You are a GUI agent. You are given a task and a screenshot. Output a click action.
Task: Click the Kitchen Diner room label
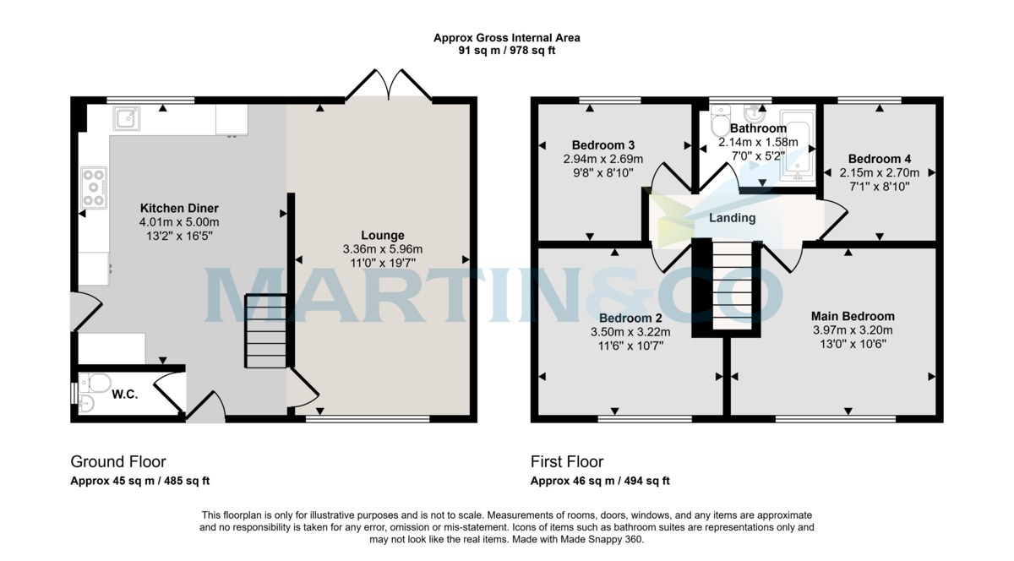coord(179,208)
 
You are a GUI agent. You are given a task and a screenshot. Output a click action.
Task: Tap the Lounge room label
coord(382,235)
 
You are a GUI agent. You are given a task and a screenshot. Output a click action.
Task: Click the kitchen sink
coord(127,119)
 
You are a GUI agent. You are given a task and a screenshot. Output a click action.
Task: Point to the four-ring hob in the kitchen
coord(93,188)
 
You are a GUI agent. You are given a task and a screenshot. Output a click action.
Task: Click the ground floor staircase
coord(265,330)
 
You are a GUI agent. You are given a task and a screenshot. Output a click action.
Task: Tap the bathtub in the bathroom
coord(797,145)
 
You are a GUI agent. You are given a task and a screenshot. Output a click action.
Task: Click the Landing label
coord(732,218)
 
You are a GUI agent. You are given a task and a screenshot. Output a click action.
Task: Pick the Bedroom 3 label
coord(603,144)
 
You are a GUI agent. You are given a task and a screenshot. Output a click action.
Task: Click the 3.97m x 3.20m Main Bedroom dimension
coord(852,330)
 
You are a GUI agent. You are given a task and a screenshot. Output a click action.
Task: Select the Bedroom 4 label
coord(880,159)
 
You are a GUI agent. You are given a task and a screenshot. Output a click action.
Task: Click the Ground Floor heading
coord(117,462)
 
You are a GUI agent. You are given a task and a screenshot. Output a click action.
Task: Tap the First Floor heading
coord(566,462)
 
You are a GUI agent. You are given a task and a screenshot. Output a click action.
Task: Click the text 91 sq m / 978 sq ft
coord(507,51)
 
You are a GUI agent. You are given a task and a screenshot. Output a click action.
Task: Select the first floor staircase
coord(730,285)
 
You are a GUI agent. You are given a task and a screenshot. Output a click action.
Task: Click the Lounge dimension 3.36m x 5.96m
coord(382,249)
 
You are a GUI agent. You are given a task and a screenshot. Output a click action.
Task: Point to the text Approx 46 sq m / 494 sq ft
coord(600,482)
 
